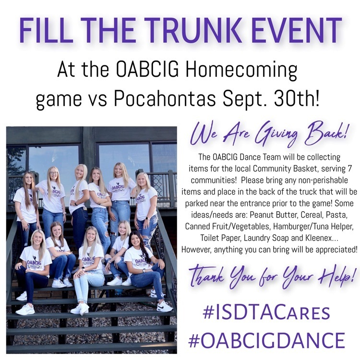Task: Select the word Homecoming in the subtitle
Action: pos(241,71)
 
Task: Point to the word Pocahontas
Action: pos(165,98)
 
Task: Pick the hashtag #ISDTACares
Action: pos(266,312)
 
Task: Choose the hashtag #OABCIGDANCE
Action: pos(267,340)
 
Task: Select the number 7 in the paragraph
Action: pos(349,169)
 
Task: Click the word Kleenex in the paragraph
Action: pos(318,238)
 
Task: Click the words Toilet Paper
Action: pos(221,238)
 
